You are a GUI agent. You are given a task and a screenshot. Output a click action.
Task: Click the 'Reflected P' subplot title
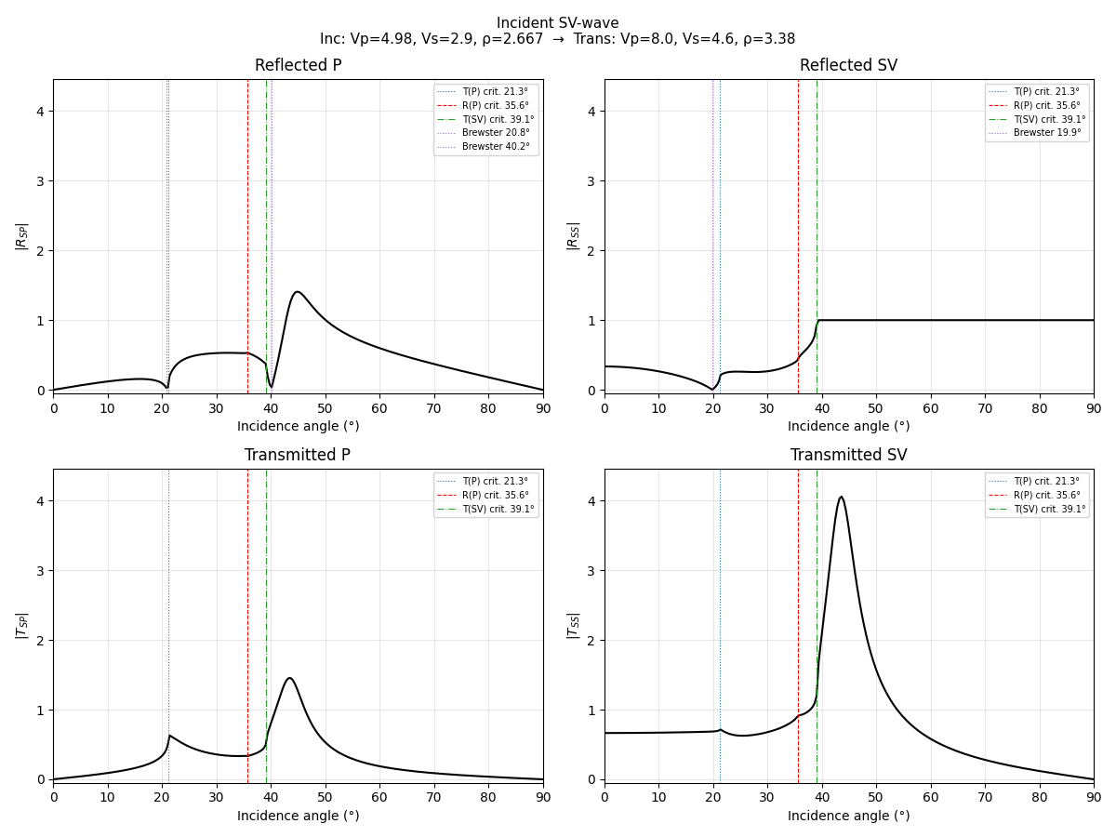298,66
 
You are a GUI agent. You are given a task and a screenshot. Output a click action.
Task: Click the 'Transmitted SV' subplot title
848,456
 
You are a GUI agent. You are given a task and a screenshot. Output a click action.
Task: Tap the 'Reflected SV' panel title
848,66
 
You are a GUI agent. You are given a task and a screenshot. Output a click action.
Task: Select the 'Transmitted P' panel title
298,456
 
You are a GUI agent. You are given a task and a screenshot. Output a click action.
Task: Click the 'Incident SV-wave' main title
557,23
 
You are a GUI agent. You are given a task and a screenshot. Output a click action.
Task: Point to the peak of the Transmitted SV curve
841,497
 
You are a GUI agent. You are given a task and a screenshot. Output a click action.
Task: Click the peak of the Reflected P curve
297,292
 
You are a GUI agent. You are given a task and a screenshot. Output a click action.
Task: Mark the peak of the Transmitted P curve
289,678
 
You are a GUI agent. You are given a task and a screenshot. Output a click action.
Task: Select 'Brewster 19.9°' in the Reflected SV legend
1047,133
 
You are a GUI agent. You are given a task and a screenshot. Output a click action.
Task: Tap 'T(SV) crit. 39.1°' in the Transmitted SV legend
1047,510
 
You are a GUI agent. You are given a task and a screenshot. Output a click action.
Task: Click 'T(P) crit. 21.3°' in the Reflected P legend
496,91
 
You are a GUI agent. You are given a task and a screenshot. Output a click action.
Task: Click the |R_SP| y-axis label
20,235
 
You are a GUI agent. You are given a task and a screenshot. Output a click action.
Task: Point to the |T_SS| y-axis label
572,625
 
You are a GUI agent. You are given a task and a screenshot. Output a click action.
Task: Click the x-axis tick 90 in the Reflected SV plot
1094,407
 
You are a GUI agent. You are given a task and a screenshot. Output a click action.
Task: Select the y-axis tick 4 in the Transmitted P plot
40,501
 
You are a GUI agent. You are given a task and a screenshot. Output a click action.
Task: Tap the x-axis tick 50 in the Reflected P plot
325,407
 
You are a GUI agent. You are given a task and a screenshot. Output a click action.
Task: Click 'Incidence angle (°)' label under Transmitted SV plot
848,816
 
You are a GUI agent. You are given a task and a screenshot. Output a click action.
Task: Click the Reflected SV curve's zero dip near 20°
712,389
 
